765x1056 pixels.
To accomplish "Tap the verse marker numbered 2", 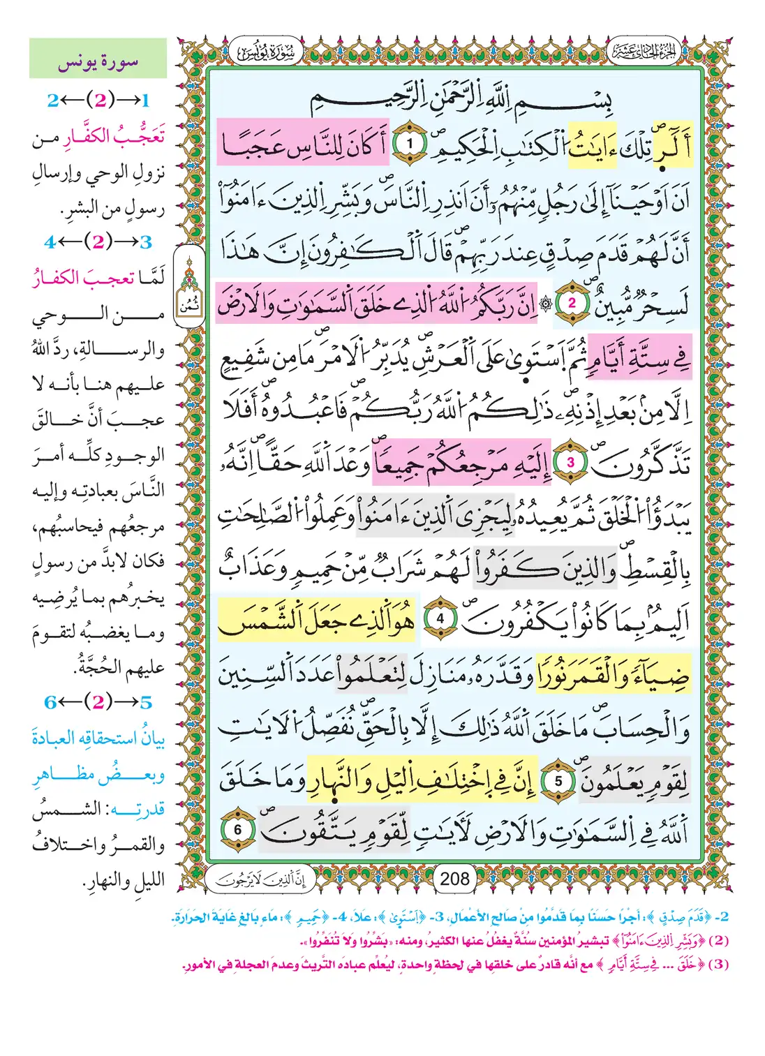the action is [571, 303].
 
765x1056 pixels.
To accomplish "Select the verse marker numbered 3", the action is [570, 462].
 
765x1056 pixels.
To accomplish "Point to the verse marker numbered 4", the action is [440, 618].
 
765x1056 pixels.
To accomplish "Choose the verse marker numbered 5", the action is [558, 781].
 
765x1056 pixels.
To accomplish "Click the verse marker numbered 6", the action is [237, 830].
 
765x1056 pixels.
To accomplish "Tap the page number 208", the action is [454, 879].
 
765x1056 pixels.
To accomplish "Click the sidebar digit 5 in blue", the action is [145, 702].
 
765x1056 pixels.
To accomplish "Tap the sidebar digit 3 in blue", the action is [145, 242].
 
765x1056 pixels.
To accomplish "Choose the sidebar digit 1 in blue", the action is [145, 101].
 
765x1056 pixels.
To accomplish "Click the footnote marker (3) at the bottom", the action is [718, 965].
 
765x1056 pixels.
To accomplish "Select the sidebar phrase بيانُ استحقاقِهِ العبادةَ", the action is [98, 737].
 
